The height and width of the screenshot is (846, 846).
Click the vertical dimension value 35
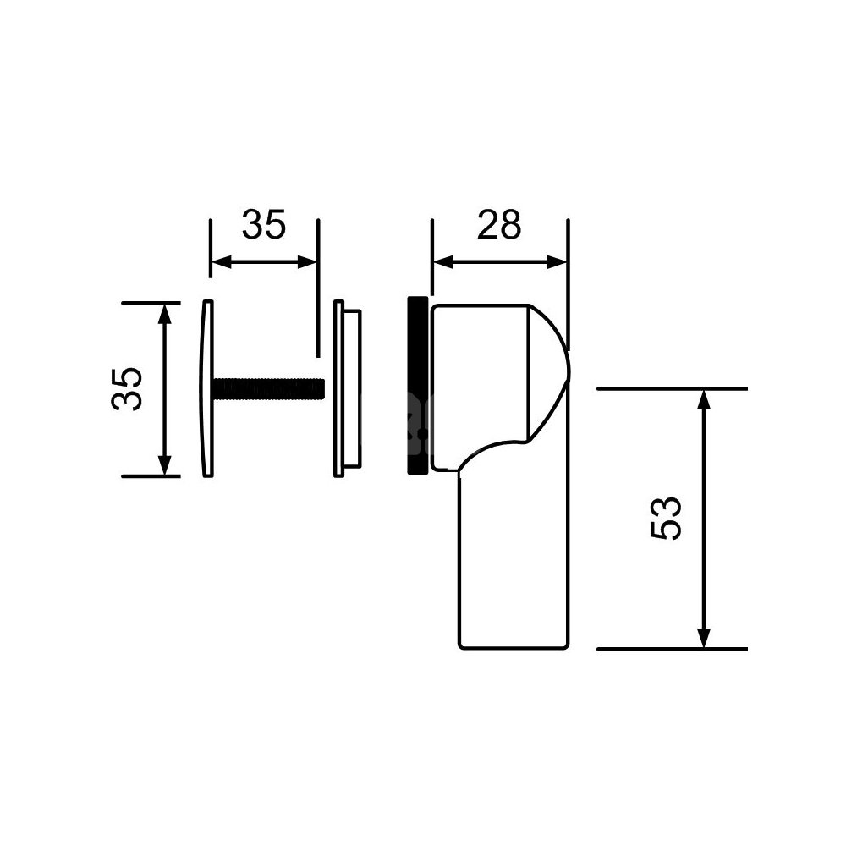(127, 389)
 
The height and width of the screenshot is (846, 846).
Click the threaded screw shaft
(269, 389)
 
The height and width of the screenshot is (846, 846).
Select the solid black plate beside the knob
(418, 385)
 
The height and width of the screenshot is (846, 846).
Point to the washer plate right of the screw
(347, 388)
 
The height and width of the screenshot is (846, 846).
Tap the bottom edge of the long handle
(514, 649)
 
